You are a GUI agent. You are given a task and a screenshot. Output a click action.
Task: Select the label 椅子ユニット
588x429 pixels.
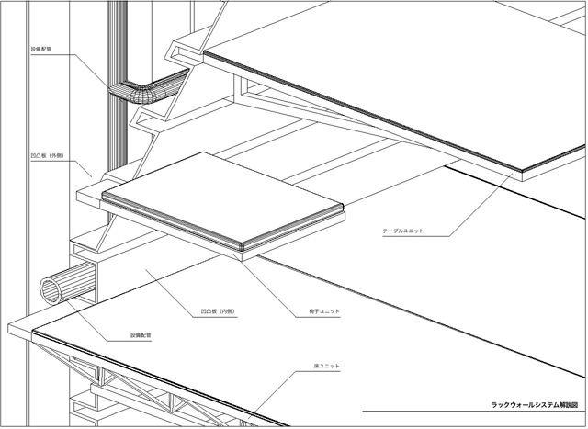(x=322, y=311)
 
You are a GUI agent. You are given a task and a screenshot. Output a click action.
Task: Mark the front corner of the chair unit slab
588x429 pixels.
(x=244, y=248)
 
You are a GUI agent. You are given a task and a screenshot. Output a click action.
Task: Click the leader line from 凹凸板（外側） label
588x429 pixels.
(x=79, y=162)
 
